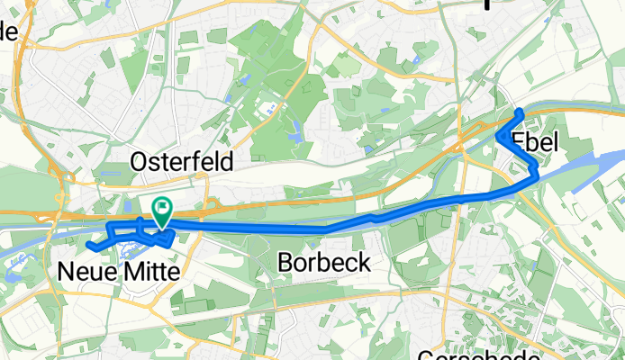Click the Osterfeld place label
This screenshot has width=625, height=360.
182,162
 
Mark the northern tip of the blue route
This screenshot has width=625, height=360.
521,112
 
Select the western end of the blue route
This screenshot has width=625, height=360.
91,245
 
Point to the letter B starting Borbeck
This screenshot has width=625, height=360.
285,263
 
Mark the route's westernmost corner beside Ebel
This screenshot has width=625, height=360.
498,136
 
